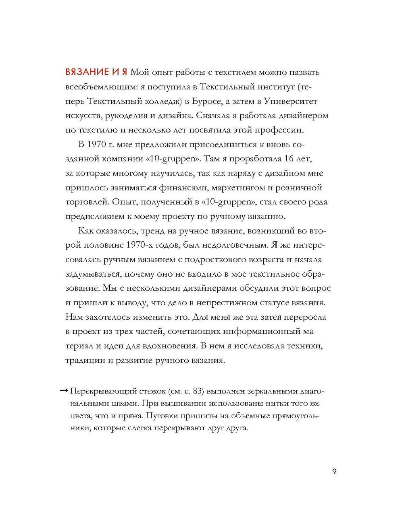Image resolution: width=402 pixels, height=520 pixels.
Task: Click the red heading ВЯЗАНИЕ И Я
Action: click(x=96, y=73)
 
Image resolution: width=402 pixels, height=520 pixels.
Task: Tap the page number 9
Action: click(x=334, y=471)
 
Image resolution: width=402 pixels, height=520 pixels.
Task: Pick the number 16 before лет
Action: click(x=289, y=158)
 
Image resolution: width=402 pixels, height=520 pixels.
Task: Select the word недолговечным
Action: click(x=235, y=245)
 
